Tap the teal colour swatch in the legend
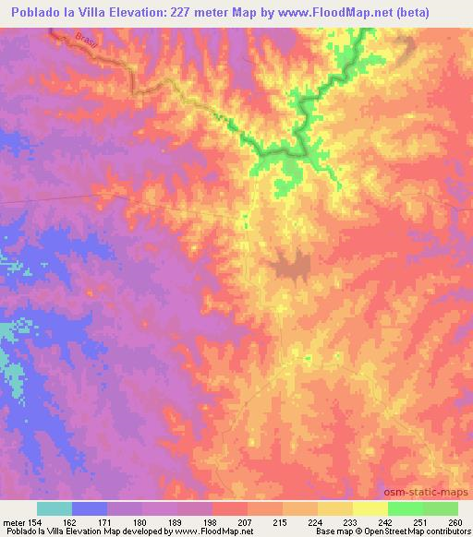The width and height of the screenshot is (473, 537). tap(55, 508)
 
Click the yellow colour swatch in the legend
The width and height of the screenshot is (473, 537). tap(370, 508)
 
